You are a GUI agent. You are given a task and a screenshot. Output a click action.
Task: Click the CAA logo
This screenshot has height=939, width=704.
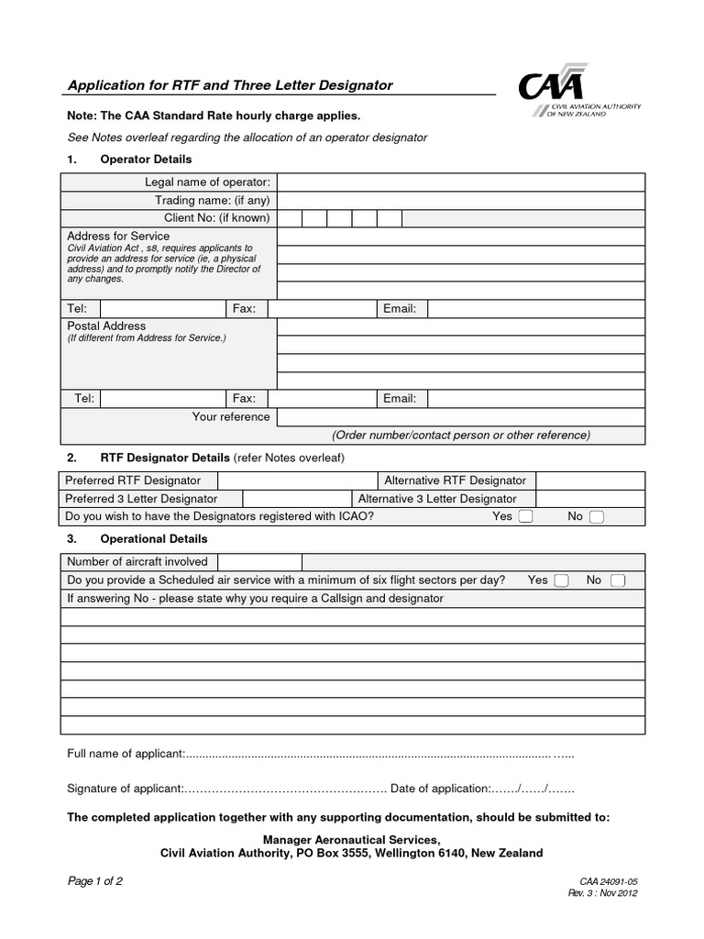pyautogui.click(x=578, y=95)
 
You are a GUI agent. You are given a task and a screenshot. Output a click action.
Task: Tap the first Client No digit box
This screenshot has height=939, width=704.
pyautogui.click(x=289, y=218)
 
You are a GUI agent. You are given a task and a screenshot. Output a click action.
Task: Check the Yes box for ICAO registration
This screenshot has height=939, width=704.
pyautogui.click(x=526, y=517)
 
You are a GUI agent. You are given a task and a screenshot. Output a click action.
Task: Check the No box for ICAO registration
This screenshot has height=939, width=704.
pyautogui.click(x=597, y=517)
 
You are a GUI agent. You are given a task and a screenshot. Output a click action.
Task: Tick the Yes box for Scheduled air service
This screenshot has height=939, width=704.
pyautogui.click(x=562, y=580)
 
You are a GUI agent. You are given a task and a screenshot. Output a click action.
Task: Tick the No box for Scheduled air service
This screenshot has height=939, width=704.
pyautogui.click(x=618, y=580)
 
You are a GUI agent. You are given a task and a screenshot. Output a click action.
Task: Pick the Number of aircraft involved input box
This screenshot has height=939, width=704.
pyautogui.click(x=259, y=562)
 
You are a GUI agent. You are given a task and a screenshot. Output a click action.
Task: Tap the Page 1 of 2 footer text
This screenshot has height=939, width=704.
pyautogui.click(x=95, y=881)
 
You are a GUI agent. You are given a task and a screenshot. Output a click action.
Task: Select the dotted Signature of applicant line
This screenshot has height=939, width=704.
pyautogui.click(x=287, y=789)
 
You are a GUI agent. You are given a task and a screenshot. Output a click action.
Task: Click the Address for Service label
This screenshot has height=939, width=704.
pyautogui.click(x=118, y=237)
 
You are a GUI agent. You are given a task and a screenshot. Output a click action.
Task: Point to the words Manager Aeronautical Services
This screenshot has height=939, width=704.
pyautogui.click(x=351, y=839)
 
